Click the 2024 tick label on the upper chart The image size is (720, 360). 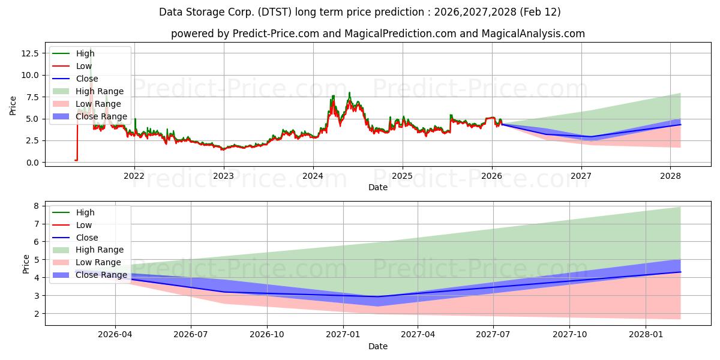[x=313, y=176]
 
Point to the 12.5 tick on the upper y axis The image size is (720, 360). [x=31, y=53]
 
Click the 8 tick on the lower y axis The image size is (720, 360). [x=37, y=206]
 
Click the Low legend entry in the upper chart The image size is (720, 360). [x=84, y=66]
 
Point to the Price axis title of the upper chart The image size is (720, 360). [x=13, y=106]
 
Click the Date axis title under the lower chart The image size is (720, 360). [x=378, y=346]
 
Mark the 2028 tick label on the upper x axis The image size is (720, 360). [x=670, y=176]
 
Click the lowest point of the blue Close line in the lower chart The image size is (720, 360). [x=377, y=296]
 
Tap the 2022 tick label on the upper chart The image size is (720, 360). [x=134, y=176]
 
